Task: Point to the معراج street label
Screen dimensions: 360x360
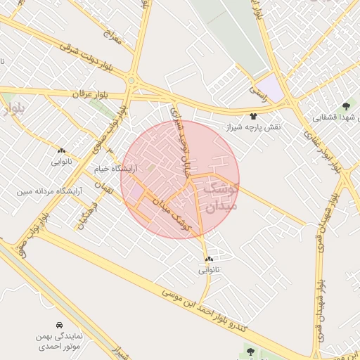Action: click(111, 36)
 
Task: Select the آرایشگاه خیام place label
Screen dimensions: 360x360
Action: click(116, 169)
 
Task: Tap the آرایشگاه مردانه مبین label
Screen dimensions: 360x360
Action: click(51, 191)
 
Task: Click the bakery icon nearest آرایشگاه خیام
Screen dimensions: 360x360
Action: click(61, 150)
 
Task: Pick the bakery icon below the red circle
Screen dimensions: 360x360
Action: click(209, 259)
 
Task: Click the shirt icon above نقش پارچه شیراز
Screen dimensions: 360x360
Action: click(253, 116)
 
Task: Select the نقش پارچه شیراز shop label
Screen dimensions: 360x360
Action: click(253, 127)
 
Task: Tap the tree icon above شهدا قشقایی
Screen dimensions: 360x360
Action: click(345, 106)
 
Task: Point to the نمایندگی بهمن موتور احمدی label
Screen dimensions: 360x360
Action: click(59, 342)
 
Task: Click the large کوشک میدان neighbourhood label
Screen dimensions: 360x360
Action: click(219, 197)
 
